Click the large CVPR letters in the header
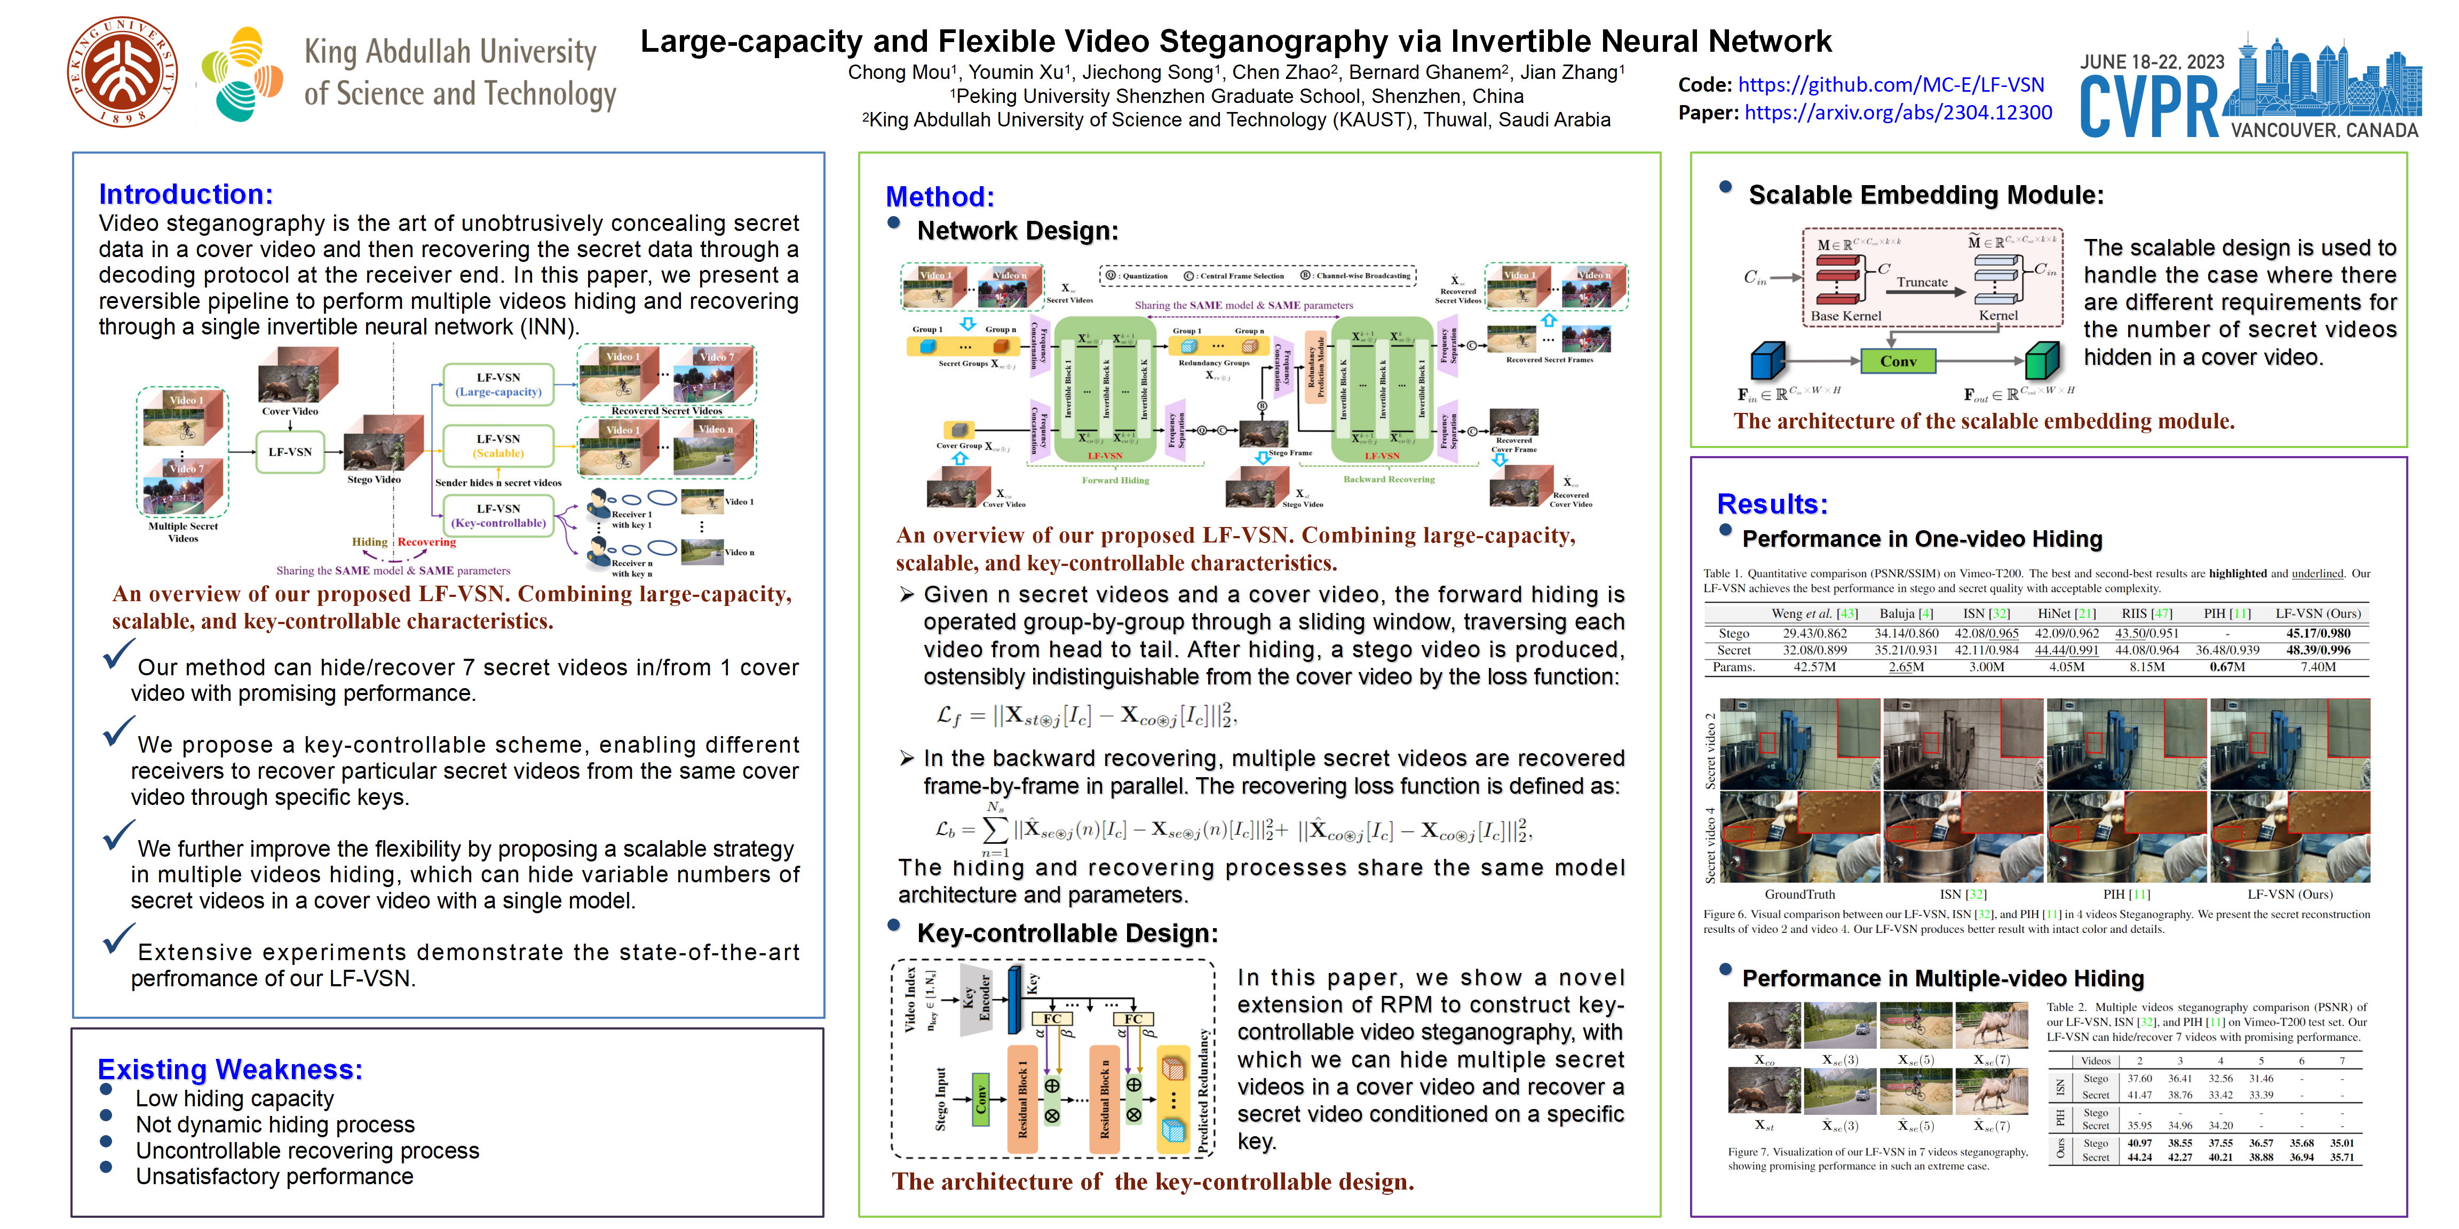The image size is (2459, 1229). click(x=2149, y=107)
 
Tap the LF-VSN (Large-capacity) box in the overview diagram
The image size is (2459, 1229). click(x=498, y=385)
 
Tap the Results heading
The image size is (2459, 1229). click(x=1772, y=504)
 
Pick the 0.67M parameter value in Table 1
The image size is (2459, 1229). click(x=2226, y=667)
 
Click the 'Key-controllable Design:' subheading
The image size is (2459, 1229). click(x=1067, y=932)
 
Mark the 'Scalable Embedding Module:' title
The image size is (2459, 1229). click(x=1925, y=195)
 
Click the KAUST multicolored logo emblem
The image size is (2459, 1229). click(x=242, y=75)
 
